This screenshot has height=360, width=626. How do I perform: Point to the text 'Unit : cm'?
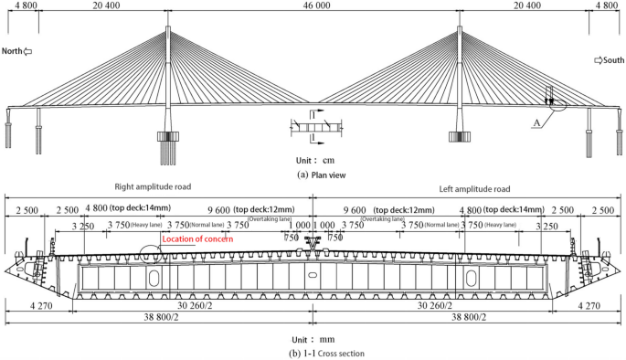[313, 159]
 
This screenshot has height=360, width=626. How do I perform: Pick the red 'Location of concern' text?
[198, 239]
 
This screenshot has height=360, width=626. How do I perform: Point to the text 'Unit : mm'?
[313, 335]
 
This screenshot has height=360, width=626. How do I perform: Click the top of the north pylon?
[169, 29]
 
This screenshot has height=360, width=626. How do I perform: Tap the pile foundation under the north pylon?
[169, 145]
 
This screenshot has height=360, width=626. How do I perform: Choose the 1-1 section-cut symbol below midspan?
[313, 128]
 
